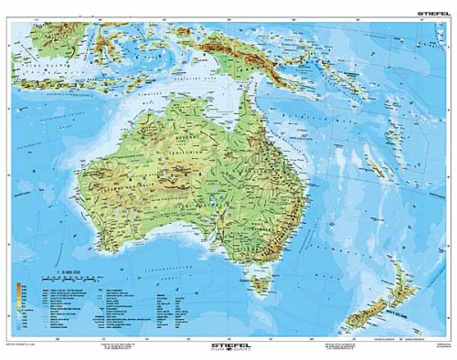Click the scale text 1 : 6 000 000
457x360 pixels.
69,271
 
